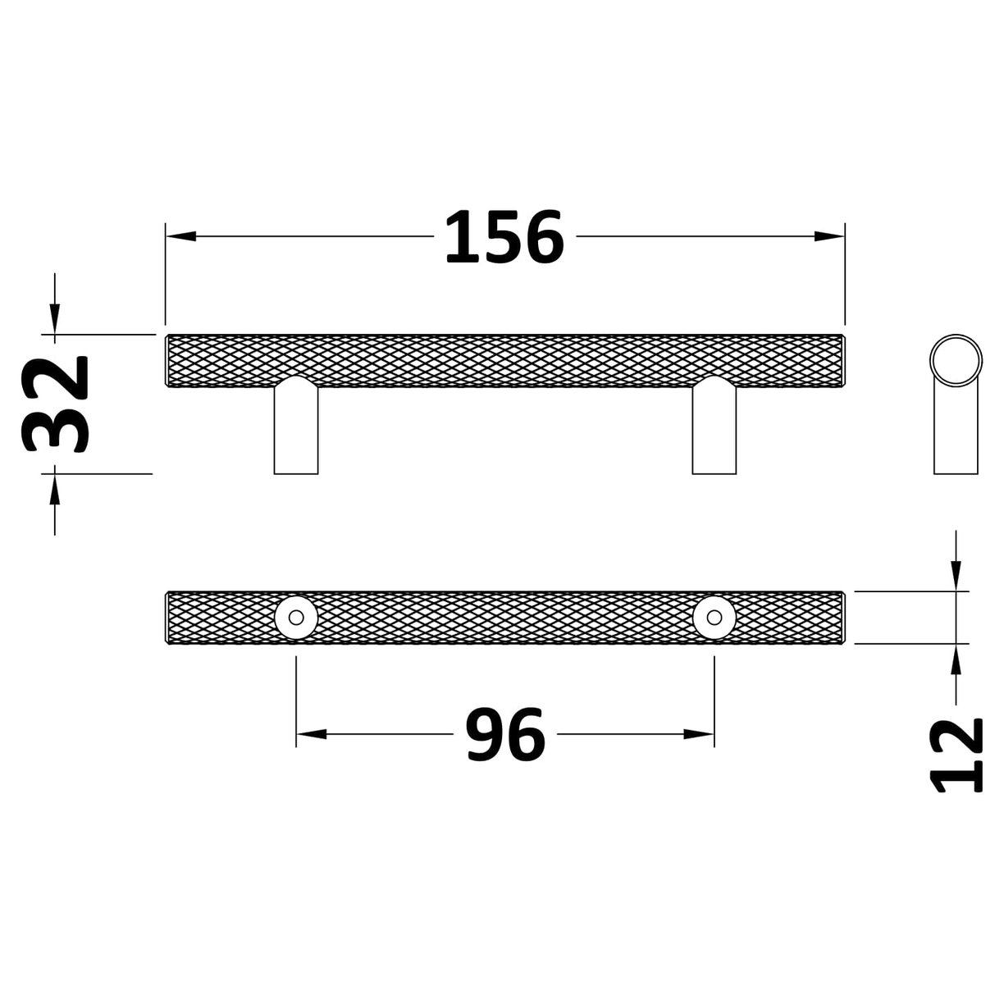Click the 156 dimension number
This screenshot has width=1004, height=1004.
pyautogui.click(x=504, y=238)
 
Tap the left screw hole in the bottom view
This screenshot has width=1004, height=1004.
pyautogui.click(x=295, y=617)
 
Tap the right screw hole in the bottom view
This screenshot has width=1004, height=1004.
pyautogui.click(x=714, y=617)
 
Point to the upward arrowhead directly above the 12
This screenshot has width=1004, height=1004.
pyautogui.click(x=956, y=659)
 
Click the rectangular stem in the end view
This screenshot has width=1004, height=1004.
pyautogui.click(x=956, y=435)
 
